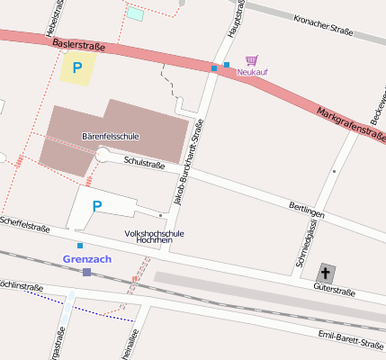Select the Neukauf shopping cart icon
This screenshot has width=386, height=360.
click(x=252, y=60)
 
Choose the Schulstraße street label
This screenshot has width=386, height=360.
click(x=145, y=163)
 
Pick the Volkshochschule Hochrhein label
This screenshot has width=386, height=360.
click(x=154, y=238)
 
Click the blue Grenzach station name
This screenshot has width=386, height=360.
click(x=87, y=259)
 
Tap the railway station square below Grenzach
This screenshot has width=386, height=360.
click(x=86, y=272)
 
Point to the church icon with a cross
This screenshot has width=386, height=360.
click(x=326, y=272)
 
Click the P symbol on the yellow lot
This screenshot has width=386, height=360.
click(x=77, y=67)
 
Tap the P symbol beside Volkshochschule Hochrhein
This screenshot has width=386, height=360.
click(x=97, y=206)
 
